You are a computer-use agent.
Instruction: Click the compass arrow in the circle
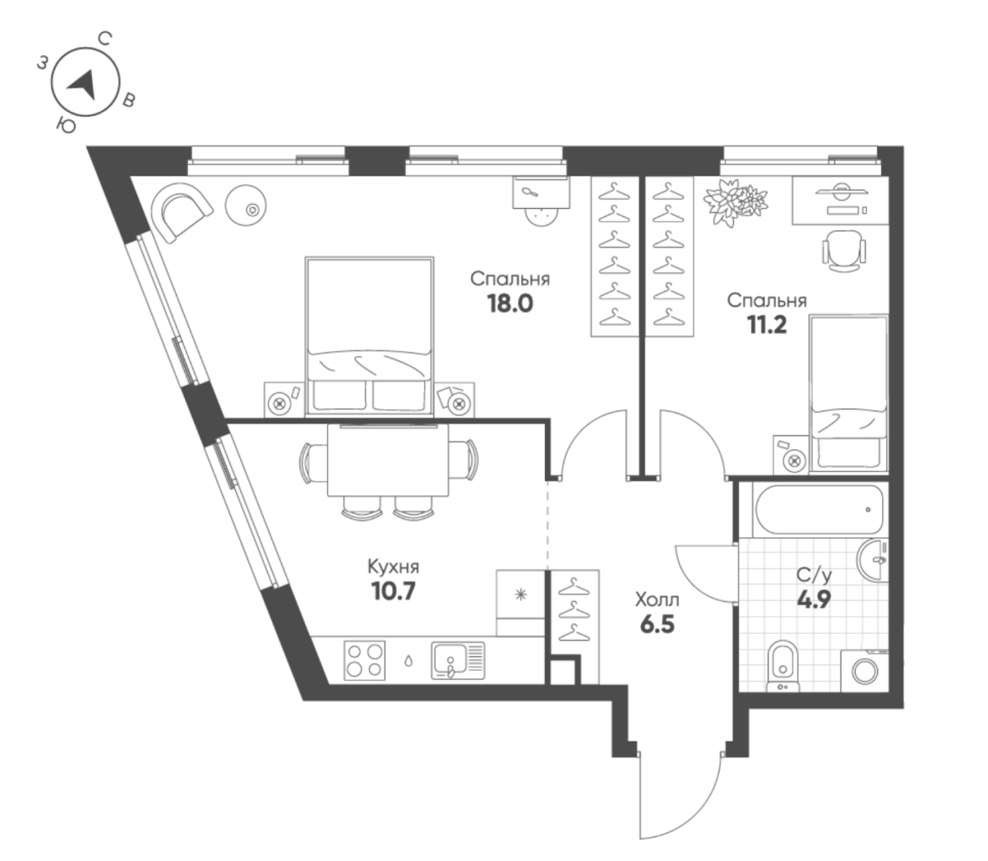83,85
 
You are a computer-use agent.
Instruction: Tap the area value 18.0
510,304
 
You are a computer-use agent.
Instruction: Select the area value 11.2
767,325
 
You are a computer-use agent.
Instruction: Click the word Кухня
393,567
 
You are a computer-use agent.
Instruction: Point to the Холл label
657,600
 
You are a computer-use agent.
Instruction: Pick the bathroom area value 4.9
814,600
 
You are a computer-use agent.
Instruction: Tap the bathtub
819,509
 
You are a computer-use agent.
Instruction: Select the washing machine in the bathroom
864,671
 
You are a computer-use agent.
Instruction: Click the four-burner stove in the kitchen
365,660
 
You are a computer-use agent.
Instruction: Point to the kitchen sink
458,660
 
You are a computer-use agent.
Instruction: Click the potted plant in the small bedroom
735,202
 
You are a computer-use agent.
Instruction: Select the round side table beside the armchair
245,206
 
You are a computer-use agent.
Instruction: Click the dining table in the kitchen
388,461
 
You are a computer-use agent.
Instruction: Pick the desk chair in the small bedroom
844,250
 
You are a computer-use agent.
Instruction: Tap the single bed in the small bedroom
849,394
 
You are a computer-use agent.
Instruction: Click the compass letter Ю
65,126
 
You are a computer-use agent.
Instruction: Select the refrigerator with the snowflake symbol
520,603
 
